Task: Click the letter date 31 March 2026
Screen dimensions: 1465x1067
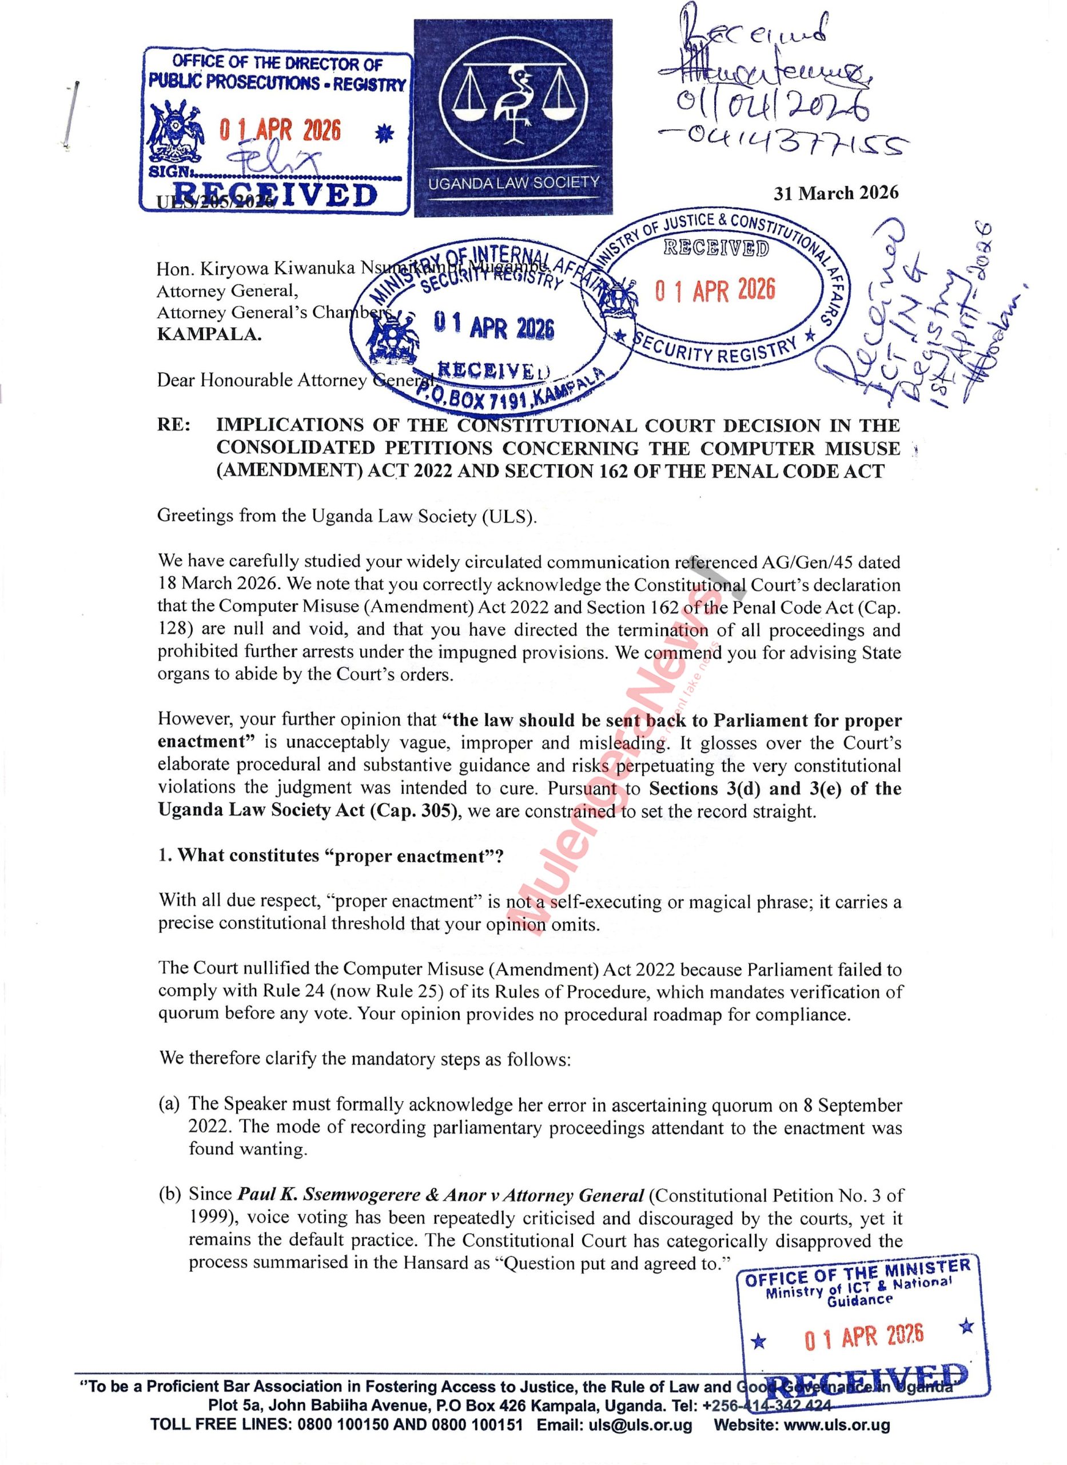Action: [x=836, y=193]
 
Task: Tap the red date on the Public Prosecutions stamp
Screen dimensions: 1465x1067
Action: [x=279, y=130]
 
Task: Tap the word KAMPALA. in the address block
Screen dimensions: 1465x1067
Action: [x=209, y=335]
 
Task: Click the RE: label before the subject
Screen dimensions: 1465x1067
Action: [x=174, y=425]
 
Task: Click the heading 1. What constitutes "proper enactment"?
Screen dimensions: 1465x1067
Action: [x=330, y=856]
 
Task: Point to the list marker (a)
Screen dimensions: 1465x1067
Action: [x=169, y=1104]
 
